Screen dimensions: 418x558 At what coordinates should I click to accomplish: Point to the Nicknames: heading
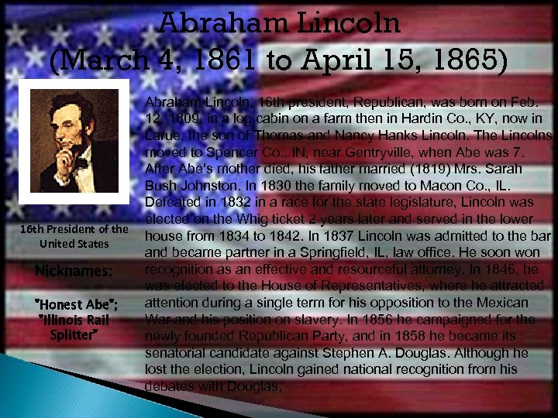tap(74, 271)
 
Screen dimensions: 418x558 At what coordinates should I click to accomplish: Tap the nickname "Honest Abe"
tap(74, 303)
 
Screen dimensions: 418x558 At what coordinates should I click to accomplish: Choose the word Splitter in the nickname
tap(74, 334)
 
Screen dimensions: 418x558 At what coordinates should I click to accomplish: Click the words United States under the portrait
tap(74, 244)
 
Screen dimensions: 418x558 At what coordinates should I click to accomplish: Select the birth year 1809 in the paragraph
tap(180, 118)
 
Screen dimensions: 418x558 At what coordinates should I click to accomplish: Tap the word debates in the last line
tap(169, 385)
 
